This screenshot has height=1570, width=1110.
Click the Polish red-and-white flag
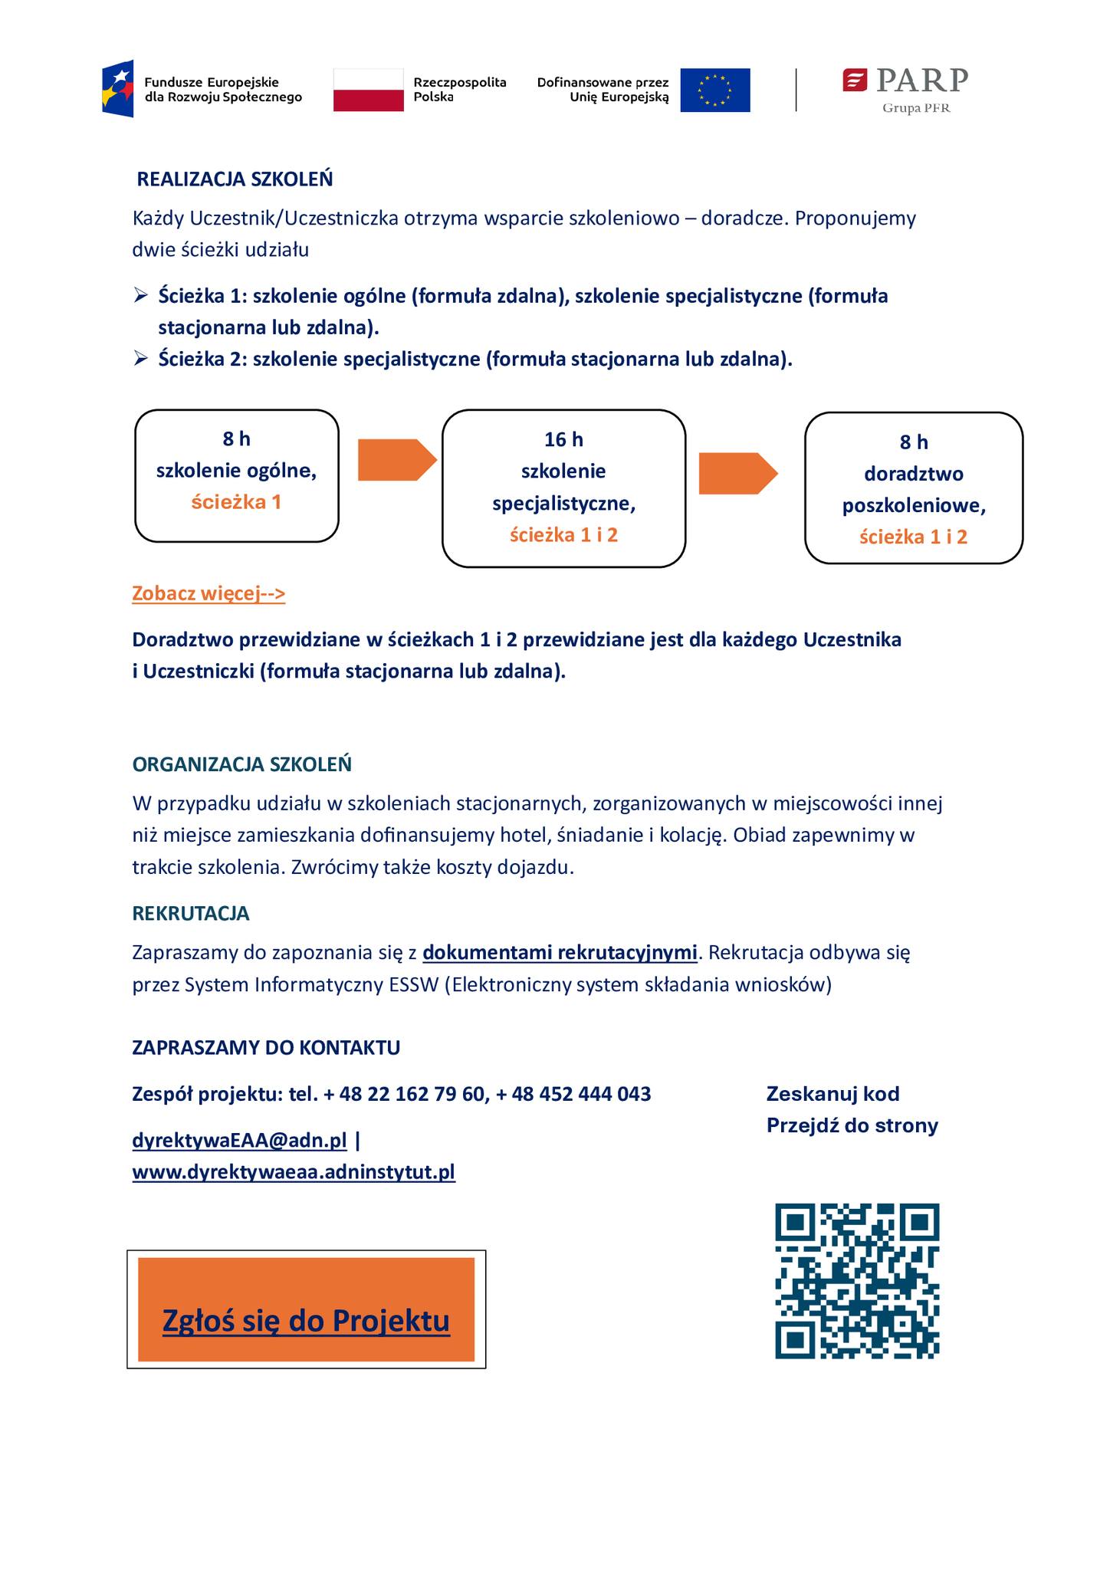coord(368,90)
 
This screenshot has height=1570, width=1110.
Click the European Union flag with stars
coord(714,90)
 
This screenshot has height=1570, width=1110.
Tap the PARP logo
coord(905,89)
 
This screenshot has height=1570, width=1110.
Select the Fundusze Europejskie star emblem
coord(118,89)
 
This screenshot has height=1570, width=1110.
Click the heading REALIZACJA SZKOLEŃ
coord(235,179)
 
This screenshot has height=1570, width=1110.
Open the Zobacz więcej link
coord(209,593)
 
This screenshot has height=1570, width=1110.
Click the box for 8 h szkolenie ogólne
coord(237,475)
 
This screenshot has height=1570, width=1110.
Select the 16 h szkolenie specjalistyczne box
coord(563,488)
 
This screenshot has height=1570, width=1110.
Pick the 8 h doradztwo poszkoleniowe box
coord(913,488)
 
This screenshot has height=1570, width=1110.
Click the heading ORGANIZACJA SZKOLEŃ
coord(241,764)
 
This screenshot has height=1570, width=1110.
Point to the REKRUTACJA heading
coord(191,913)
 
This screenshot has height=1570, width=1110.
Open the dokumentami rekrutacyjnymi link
coord(560,953)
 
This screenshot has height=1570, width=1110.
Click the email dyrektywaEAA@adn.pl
coord(239,1141)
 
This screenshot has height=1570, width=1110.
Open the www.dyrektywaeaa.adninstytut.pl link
coord(294,1172)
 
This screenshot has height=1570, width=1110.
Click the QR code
coord(857,1280)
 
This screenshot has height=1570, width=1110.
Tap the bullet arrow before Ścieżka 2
coord(140,359)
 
